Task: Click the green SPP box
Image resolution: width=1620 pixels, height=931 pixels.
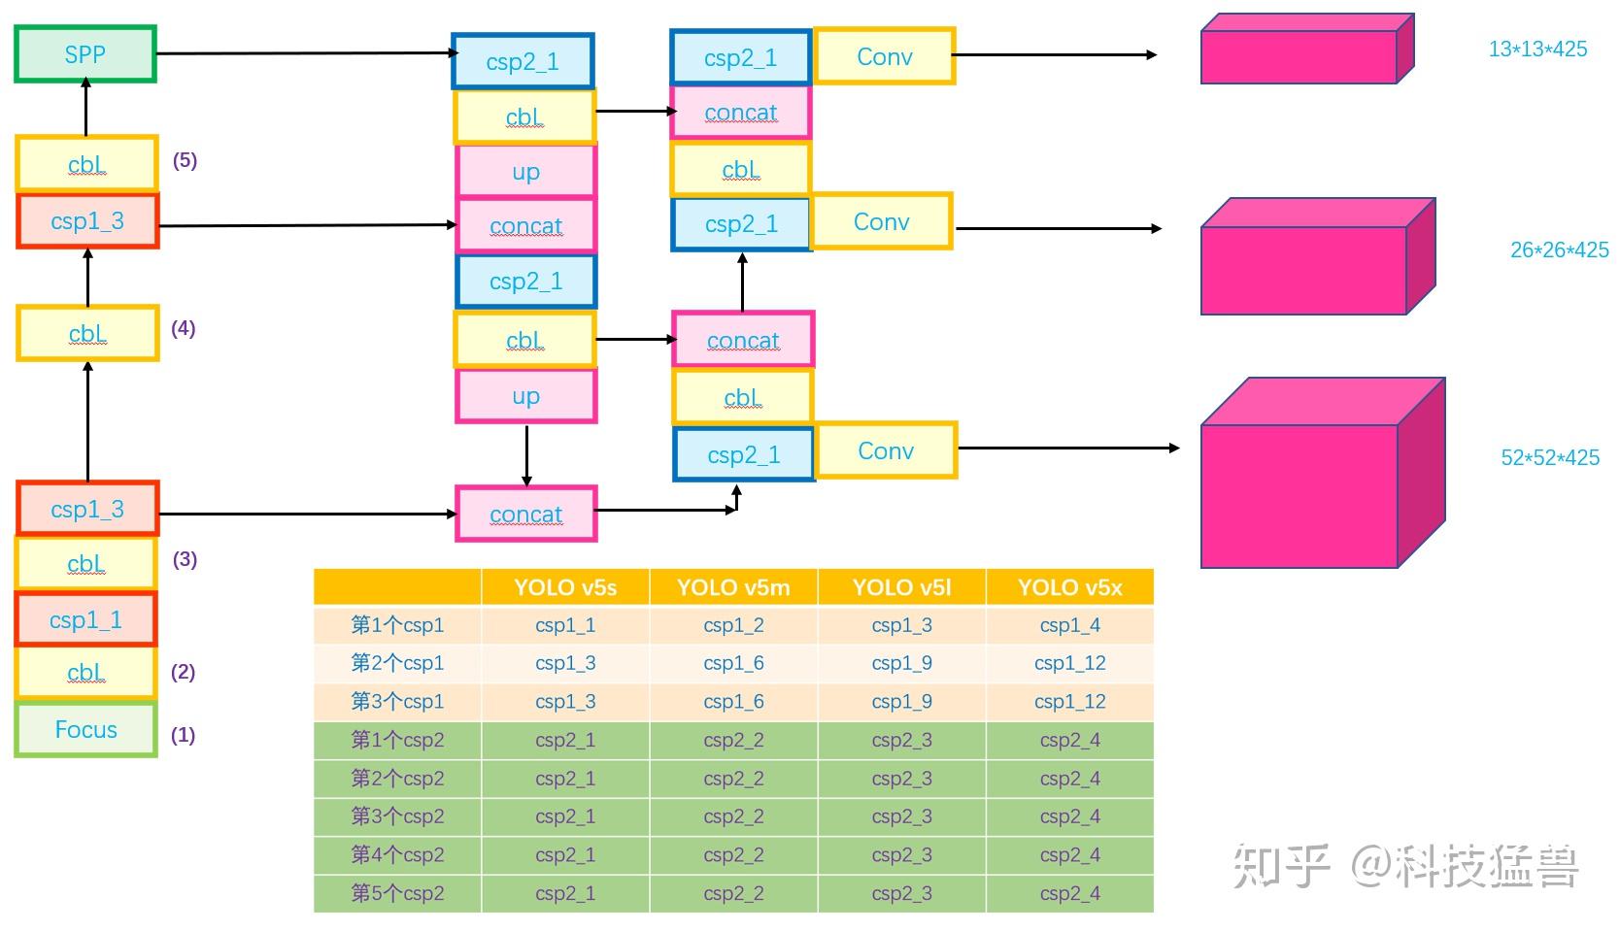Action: coord(85,54)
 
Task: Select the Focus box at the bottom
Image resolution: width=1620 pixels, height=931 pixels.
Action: coord(85,730)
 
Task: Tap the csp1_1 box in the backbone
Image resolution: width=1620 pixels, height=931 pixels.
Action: coord(85,619)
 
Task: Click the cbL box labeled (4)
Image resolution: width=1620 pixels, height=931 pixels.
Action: coord(87,334)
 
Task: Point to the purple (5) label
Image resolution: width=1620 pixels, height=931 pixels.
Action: coord(185,161)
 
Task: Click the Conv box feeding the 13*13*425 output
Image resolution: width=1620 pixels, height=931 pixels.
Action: coord(884,56)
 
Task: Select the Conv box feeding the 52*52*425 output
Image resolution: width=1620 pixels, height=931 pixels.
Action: coord(886,450)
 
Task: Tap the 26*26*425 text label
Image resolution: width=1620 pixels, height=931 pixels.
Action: coord(1559,250)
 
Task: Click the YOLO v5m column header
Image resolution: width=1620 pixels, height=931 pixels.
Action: coord(733,587)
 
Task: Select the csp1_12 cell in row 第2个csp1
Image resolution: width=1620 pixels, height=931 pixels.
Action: coord(1069,663)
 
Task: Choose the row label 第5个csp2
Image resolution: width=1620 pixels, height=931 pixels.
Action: coord(397,893)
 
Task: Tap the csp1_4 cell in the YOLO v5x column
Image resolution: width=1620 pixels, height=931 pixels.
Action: coord(1069,625)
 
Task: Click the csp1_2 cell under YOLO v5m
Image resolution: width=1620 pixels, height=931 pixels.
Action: coord(733,625)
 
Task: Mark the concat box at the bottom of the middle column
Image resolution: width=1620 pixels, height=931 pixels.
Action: coord(525,515)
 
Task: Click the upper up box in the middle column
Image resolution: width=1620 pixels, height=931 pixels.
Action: coord(525,172)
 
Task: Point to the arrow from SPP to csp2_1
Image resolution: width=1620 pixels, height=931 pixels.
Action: coord(301,53)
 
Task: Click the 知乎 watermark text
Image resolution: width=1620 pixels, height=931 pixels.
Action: coord(1280,866)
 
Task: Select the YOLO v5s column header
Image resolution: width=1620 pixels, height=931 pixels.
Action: coord(565,587)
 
